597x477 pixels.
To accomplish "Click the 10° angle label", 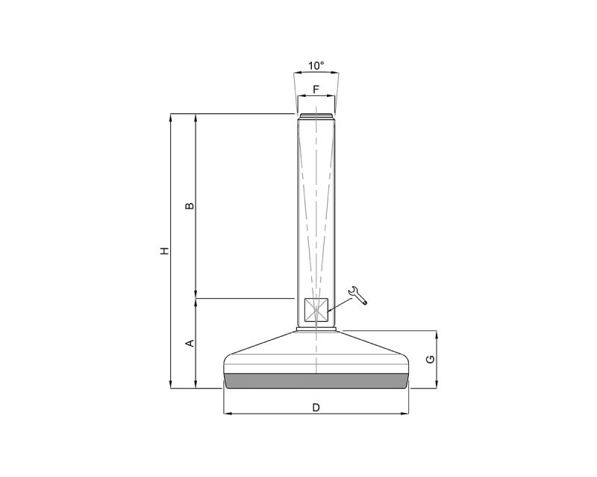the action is coord(316,66).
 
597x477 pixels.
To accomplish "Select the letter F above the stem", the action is coord(316,89).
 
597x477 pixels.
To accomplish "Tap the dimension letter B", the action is coord(190,206).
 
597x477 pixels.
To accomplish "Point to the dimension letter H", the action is coord(164,251).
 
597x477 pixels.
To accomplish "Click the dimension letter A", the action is coord(190,344).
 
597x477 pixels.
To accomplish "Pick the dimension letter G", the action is coord(431,359).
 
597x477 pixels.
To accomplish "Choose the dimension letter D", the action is coord(316,408).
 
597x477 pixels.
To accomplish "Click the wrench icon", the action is coord(358,295).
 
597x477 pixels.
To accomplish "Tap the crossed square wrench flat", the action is coord(316,310).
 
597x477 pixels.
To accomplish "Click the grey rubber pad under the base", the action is coord(316,381).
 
